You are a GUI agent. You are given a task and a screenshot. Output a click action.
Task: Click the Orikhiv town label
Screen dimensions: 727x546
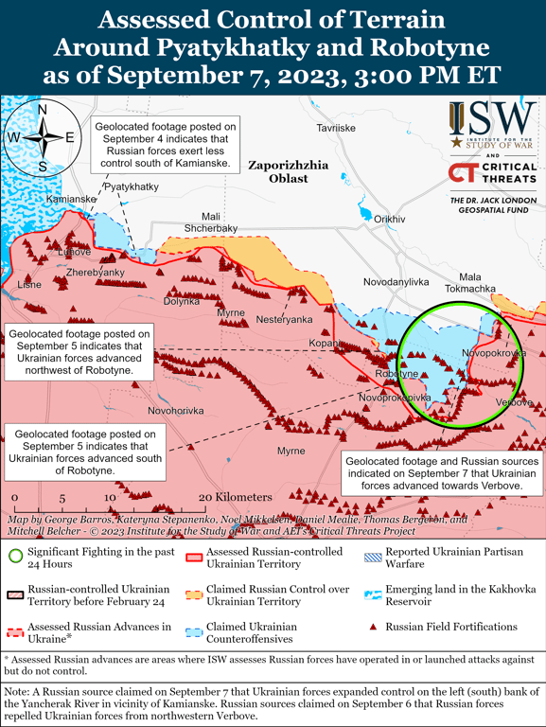click(x=389, y=220)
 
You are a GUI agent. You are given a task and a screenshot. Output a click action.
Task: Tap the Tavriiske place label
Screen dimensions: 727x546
click(x=336, y=127)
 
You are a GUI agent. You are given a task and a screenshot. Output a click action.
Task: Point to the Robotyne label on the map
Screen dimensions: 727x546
click(x=396, y=375)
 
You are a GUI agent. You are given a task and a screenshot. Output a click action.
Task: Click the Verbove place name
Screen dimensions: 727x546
click(x=514, y=403)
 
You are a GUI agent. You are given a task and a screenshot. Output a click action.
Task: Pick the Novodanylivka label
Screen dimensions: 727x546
click(x=396, y=283)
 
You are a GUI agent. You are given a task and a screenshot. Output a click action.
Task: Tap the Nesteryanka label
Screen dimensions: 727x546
click(x=284, y=319)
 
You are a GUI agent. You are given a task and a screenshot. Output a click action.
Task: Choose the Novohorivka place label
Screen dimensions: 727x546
click(x=175, y=411)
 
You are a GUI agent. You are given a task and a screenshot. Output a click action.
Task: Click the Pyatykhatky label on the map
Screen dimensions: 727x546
click(x=131, y=187)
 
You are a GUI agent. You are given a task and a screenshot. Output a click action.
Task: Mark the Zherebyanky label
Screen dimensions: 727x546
click(x=96, y=273)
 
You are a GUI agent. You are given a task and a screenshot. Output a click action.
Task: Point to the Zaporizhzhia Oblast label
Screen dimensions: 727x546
click(x=289, y=171)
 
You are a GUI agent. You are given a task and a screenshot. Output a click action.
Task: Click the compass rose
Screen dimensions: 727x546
click(x=43, y=137)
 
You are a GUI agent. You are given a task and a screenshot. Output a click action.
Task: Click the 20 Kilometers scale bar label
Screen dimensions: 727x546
click(x=235, y=497)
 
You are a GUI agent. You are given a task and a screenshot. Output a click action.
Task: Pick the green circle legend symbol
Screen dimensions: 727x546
click(x=15, y=556)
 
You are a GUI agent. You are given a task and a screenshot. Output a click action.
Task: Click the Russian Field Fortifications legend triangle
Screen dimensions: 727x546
click(x=373, y=627)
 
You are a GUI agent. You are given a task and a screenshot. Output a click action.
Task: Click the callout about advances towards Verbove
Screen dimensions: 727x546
click(x=442, y=470)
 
